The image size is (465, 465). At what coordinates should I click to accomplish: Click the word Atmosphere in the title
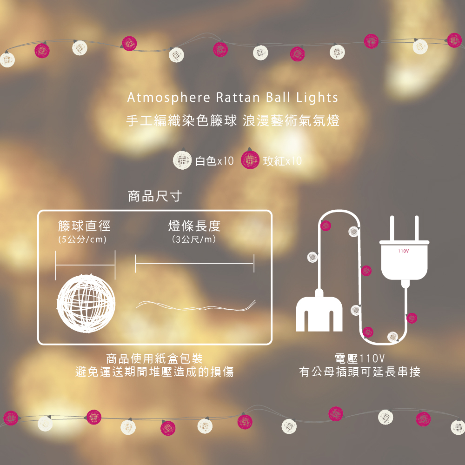[169, 98]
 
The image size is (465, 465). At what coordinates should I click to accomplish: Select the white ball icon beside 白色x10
[182, 159]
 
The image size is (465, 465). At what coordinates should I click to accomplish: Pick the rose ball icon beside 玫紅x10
[250, 159]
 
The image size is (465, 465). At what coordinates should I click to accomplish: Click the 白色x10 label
[214, 161]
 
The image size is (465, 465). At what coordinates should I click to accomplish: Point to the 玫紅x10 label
[282, 161]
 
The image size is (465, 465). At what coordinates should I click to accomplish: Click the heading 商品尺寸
[155, 196]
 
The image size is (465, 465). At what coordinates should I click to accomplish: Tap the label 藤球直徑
[85, 226]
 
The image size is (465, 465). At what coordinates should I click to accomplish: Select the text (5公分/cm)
[82, 239]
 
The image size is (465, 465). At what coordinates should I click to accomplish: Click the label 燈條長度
[194, 226]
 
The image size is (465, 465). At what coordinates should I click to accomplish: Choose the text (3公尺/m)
[194, 239]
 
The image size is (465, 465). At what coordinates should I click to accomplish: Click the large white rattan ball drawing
[86, 303]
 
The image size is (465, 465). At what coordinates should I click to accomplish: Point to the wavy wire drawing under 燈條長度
[196, 306]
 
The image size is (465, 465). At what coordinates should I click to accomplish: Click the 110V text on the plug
[403, 251]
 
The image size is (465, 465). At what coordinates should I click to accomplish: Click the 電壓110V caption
[360, 359]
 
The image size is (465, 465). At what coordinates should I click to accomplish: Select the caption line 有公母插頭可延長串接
[360, 372]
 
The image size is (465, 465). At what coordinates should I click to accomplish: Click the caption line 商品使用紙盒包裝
[154, 359]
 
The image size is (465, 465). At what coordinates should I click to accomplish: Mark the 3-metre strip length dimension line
[194, 263]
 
